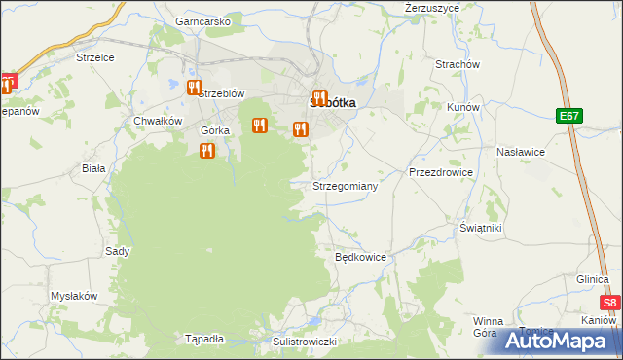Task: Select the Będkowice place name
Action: tap(361, 258)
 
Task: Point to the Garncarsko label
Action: tap(202, 20)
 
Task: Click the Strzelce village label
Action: tap(95, 57)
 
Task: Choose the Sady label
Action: tap(118, 251)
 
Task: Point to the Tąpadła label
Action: tap(204, 339)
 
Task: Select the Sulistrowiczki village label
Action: tap(304, 342)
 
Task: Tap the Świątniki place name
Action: tap(481, 227)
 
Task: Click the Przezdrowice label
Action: tap(441, 172)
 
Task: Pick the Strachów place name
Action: tap(458, 64)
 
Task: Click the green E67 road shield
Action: tap(570, 116)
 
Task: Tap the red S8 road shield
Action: tap(609, 303)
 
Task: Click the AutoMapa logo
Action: tap(560, 342)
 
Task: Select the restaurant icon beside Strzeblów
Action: tap(194, 88)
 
